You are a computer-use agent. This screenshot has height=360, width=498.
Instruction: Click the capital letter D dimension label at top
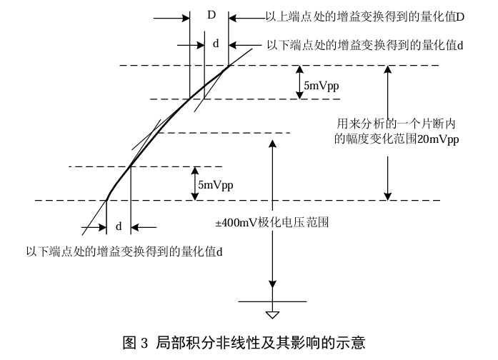[x=211, y=15]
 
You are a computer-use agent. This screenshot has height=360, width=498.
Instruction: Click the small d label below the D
[x=216, y=44]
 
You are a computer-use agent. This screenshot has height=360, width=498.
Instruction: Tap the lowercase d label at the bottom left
[x=119, y=226]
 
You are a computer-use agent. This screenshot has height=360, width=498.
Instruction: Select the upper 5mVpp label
[x=322, y=86]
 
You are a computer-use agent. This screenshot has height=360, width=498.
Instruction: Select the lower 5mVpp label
[x=216, y=185]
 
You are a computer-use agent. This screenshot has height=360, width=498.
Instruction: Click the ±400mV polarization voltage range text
[x=272, y=223]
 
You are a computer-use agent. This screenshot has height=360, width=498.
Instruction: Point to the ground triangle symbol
[x=272, y=315]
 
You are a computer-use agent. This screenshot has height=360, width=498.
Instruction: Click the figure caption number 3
[x=144, y=343]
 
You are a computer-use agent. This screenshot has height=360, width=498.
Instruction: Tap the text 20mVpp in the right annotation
[x=438, y=139]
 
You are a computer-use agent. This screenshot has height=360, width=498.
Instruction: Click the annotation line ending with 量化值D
[x=365, y=17]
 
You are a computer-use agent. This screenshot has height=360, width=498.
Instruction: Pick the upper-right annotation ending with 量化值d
[x=365, y=45]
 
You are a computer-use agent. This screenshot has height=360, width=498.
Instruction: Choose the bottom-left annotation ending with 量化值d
[x=124, y=251]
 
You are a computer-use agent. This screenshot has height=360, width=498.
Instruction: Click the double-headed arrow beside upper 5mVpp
[x=299, y=82]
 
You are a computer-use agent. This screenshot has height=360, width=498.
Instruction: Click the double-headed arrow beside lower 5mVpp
[x=195, y=184]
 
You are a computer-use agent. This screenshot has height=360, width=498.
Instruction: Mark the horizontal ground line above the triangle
[x=272, y=301]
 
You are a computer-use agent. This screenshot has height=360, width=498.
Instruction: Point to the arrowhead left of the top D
[x=186, y=18]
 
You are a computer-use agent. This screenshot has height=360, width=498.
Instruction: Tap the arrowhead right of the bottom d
[x=135, y=227]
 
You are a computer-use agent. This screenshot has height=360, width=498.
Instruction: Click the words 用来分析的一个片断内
[x=396, y=124]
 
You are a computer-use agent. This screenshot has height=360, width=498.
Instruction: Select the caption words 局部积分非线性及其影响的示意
[x=261, y=343]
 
